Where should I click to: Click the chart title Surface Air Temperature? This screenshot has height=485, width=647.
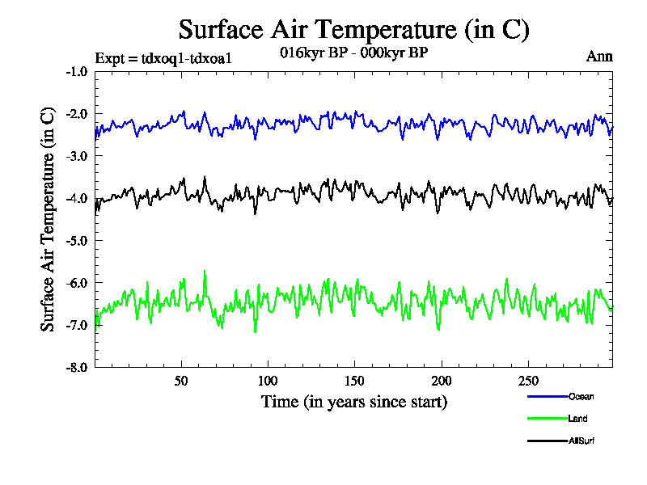(354, 30)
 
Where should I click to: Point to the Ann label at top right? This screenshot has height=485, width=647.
(599, 57)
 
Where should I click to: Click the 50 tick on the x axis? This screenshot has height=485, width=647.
(181, 381)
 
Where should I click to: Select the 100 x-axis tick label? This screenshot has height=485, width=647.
(268, 381)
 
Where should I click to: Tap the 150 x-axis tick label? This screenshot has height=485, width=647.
(354, 381)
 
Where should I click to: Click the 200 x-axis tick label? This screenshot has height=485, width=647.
(441, 381)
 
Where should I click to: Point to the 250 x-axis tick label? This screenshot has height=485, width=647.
(527, 381)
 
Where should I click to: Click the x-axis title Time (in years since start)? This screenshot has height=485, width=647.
(354, 402)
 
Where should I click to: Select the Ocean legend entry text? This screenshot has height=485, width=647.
(581, 396)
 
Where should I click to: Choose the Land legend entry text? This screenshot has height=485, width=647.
(578, 419)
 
